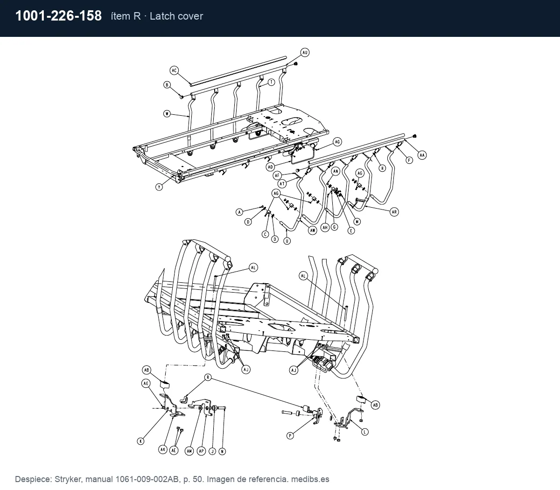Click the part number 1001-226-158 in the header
point(59,16)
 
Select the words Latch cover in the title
point(176,16)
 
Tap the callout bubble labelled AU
point(305,53)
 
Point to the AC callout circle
point(174,70)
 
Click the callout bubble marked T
point(271,82)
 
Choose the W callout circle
point(167,113)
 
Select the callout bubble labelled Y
point(159,187)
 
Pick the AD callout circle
point(270,167)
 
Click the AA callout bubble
point(422,155)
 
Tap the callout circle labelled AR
point(394,212)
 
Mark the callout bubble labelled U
point(287,241)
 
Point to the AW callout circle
point(313,230)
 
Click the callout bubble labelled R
point(208,378)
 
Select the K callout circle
point(140,441)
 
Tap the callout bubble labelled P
point(290,435)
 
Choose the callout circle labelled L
point(364,432)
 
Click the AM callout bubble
point(189,451)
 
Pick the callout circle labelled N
point(222,451)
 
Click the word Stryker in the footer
point(68,479)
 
